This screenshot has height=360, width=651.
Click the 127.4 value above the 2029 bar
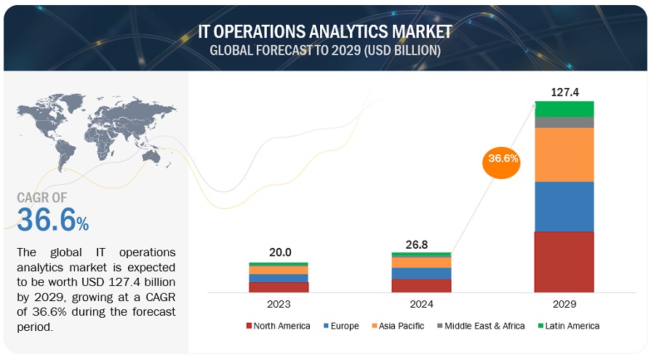564,92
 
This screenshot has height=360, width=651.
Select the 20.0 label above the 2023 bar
280,252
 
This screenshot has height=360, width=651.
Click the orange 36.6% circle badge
502,161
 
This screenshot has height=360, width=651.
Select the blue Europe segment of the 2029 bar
564,207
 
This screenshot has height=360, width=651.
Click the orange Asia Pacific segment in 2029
564,155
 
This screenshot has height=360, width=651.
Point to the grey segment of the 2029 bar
564,122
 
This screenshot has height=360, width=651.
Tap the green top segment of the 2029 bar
564,109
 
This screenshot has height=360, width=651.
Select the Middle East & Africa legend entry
480,326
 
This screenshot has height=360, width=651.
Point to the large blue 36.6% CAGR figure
52,220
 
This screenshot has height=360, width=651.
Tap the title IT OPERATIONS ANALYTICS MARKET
324,32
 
